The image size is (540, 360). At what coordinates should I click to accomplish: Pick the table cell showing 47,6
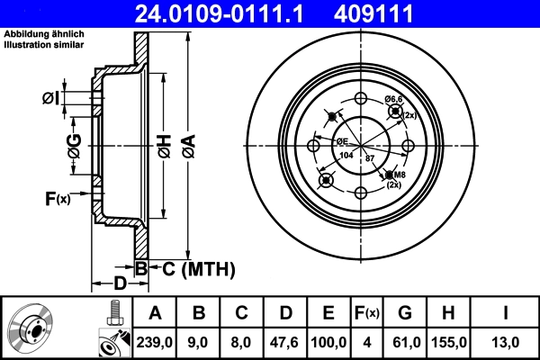286,343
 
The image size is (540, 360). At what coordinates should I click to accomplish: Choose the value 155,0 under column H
450,343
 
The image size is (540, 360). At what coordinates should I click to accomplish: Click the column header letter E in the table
328,313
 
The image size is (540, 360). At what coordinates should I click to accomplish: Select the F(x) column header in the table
368,313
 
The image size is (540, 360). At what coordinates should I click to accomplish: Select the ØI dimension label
51,97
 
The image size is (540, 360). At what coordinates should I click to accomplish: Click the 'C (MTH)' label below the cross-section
199,268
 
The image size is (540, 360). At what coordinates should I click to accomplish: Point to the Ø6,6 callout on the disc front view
394,99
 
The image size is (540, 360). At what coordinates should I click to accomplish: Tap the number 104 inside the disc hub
346,157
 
